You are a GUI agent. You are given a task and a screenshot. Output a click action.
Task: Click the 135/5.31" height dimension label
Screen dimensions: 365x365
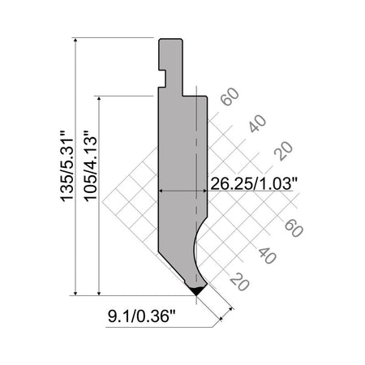point(67,166)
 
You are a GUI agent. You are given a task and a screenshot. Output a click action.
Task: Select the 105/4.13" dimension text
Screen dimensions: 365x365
point(91,165)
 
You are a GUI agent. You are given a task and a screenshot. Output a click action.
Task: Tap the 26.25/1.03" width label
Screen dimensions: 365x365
point(254,183)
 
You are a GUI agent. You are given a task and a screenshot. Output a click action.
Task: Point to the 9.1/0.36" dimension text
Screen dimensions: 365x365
point(142,316)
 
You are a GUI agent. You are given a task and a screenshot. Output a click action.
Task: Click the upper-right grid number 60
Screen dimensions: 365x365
point(230,97)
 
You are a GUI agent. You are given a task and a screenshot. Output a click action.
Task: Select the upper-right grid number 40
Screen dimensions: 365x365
point(257,123)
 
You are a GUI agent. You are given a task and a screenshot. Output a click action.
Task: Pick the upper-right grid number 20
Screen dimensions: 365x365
point(283,151)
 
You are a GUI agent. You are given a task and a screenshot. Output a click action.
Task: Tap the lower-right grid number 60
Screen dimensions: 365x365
point(294,228)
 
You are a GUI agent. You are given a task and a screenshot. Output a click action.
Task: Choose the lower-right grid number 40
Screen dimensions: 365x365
point(268,255)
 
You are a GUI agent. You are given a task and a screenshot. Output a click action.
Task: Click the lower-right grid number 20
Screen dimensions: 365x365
point(239,281)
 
